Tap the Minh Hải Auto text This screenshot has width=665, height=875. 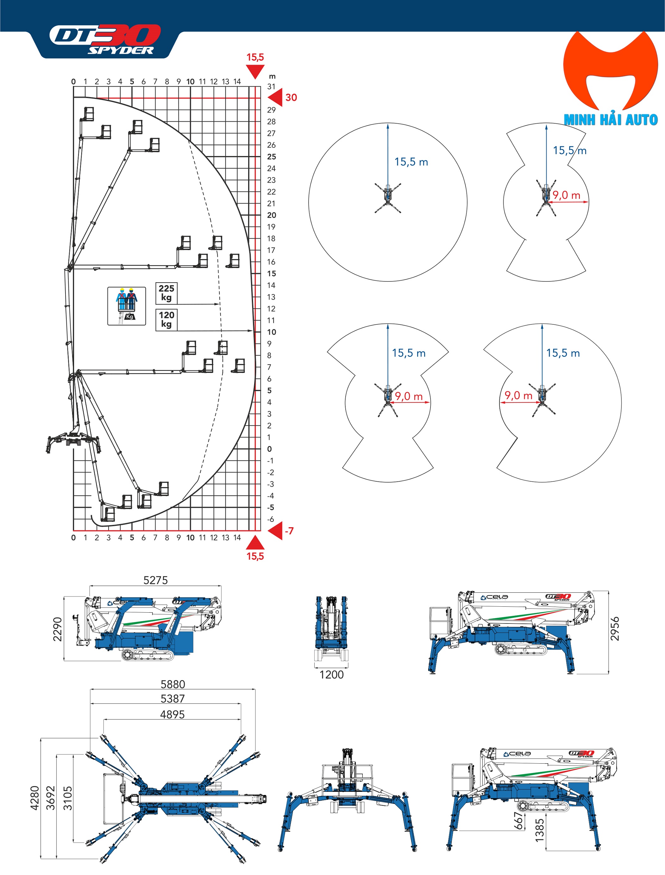tap(610, 120)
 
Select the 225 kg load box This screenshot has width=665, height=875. tap(166, 293)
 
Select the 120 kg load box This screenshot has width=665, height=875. tap(166, 319)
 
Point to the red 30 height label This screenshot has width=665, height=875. tap(291, 98)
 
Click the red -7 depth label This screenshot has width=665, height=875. tap(289, 531)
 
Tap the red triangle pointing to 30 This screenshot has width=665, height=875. tap(276, 97)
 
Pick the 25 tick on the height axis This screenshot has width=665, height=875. tap(272, 157)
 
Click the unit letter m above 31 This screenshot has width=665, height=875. tap(272, 76)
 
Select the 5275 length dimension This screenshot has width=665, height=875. tap(155, 580)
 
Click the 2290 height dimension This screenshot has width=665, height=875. tap(58, 629)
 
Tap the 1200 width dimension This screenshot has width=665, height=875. tap(331, 675)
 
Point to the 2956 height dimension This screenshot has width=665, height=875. tap(614, 629)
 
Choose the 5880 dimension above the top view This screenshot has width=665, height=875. tap(173, 684)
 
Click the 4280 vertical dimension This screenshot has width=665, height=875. tap(35, 798)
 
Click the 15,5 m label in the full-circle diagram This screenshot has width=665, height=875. tap(411, 162)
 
